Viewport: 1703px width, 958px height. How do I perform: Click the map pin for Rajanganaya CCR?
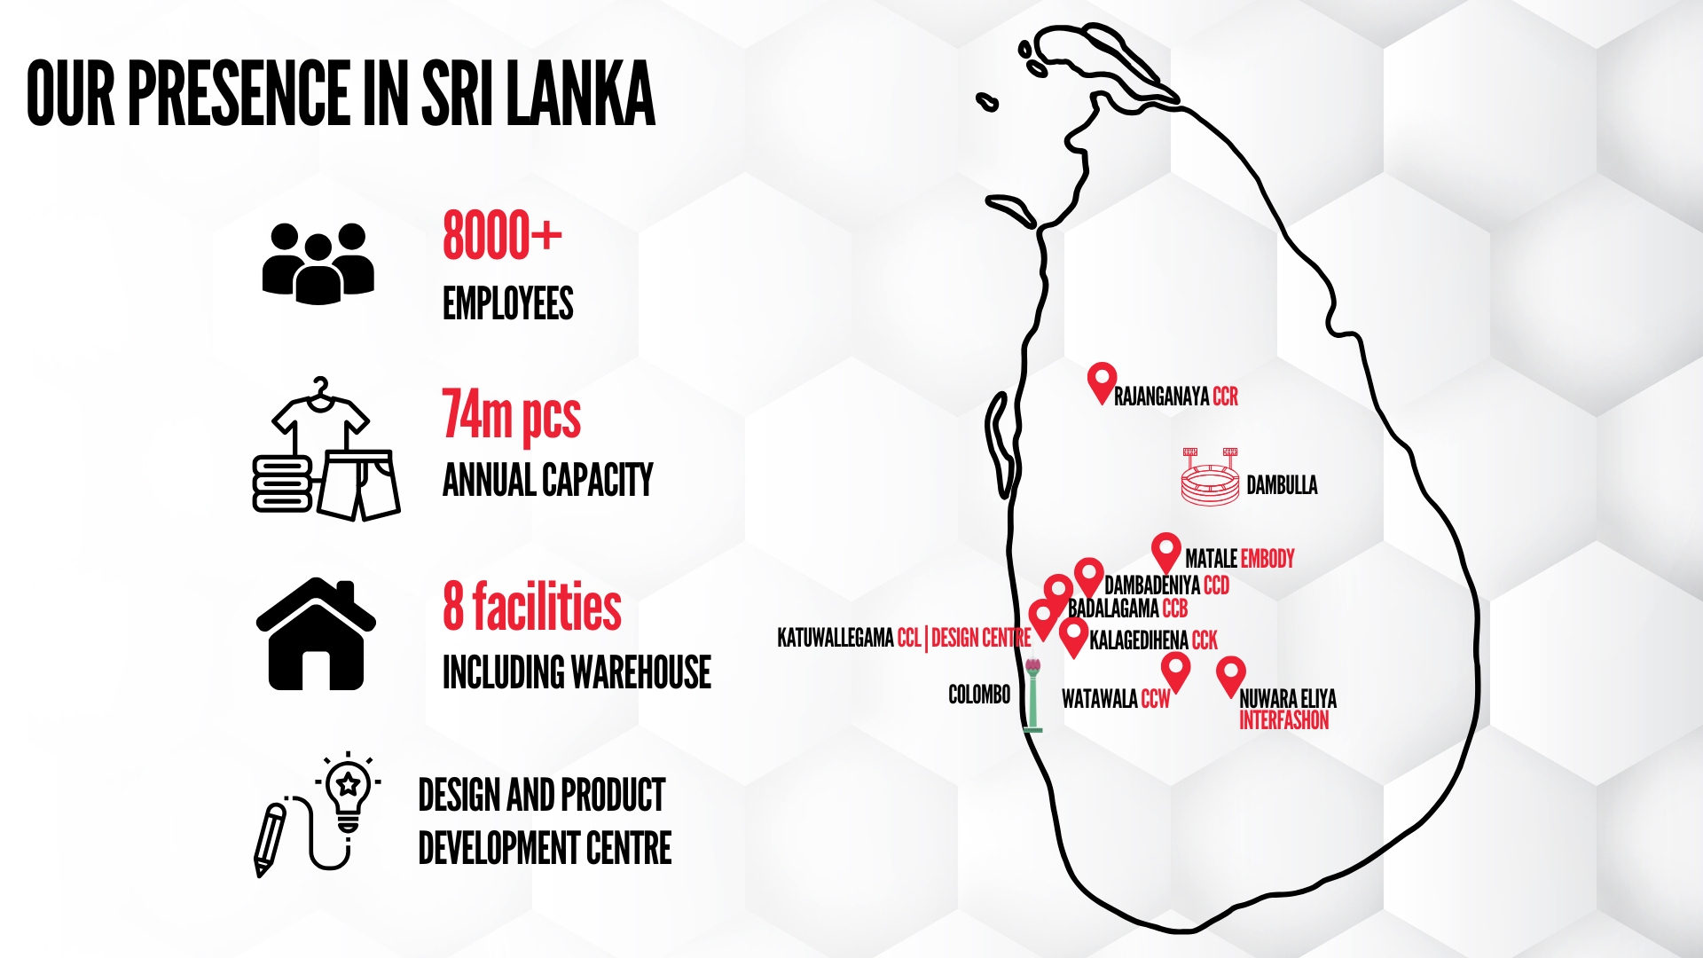[1102, 382]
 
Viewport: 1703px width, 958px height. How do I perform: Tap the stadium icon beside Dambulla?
[1210, 477]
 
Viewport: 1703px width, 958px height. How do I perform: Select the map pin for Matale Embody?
[1166, 553]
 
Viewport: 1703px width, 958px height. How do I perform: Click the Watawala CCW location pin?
[1175, 671]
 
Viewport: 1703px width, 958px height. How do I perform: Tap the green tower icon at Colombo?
[1032, 695]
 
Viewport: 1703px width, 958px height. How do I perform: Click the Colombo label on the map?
[979, 695]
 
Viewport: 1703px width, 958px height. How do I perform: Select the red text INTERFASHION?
[1283, 720]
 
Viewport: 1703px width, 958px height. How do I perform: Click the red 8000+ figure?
[502, 235]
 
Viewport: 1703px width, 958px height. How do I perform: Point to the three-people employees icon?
[318, 263]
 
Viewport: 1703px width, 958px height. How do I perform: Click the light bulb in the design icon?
[349, 791]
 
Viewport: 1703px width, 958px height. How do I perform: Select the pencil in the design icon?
[270, 839]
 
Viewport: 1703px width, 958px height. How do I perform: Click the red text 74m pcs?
[512, 415]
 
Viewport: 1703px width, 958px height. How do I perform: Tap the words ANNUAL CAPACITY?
[548, 481]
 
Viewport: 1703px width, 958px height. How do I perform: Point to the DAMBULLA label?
[1282, 485]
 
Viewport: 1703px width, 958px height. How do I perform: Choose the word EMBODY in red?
[1267, 559]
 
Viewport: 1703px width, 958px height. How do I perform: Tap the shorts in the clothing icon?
[358, 484]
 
